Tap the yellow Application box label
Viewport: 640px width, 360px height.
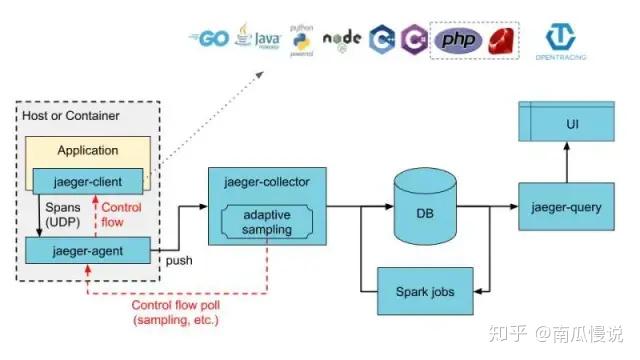[x=87, y=151]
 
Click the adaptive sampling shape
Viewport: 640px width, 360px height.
[x=259, y=223]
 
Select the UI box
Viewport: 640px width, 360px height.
[x=572, y=126]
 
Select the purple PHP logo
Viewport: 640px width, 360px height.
[x=461, y=40]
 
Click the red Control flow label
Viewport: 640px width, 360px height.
[x=123, y=214]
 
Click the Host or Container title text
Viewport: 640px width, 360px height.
[x=70, y=116]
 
